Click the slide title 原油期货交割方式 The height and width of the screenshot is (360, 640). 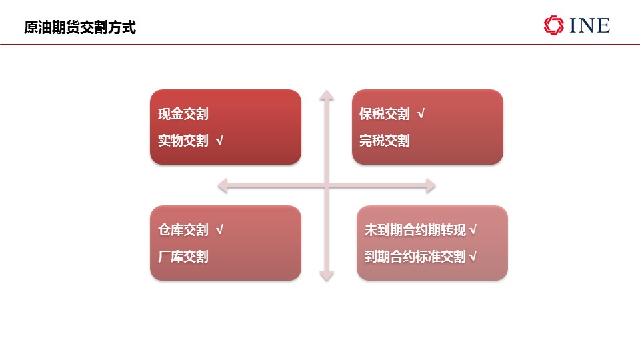[80, 27]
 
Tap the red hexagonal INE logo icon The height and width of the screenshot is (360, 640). [553, 25]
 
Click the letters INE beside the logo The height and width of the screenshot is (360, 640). [590, 25]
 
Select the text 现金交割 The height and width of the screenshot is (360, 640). [183, 114]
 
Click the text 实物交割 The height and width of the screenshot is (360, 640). [183, 141]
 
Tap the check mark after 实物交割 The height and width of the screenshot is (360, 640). [219, 141]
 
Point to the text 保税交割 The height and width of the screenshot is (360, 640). [385, 114]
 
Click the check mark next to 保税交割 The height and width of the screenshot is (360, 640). [421, 113]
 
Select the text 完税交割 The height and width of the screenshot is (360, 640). [385, 141]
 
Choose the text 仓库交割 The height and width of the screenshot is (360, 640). [183, 230]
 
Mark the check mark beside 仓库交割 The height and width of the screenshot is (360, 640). [219, 230]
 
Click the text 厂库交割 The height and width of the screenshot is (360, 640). [183, 256]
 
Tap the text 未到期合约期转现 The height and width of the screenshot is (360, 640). [415, 230]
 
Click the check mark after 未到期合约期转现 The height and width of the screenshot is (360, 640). [473, 230]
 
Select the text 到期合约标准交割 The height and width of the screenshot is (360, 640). [415, 256]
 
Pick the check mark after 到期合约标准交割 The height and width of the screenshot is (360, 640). [473, 256]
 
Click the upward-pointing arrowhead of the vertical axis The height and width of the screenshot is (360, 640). [327, 95]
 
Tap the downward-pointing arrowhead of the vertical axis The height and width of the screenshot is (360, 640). [327, 276]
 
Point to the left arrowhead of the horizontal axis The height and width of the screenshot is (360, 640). [223, 186]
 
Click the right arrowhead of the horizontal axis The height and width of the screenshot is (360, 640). [431, 186]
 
